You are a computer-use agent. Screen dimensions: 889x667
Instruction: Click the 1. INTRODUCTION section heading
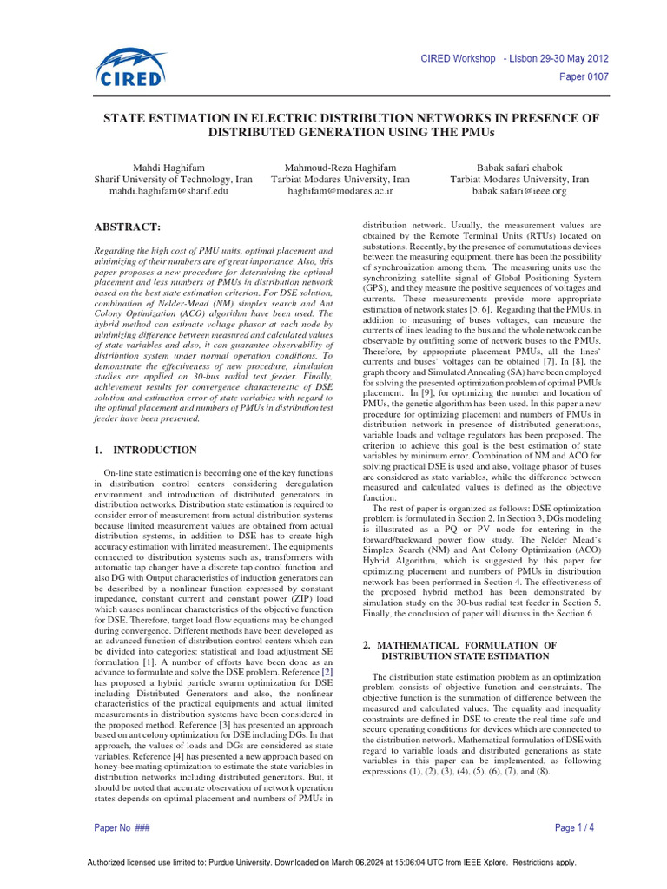[x=144, y=450]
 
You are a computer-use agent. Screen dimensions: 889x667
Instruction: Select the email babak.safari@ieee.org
[x=518, y=191]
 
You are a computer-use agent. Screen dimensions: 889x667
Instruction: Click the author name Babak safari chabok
[x=518, y=167]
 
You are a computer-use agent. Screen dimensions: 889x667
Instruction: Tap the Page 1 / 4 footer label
[x=573, y=827]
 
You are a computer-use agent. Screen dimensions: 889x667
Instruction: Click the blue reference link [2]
[x=327, y=672]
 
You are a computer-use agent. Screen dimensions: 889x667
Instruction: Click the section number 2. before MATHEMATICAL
[x=366, y=645]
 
